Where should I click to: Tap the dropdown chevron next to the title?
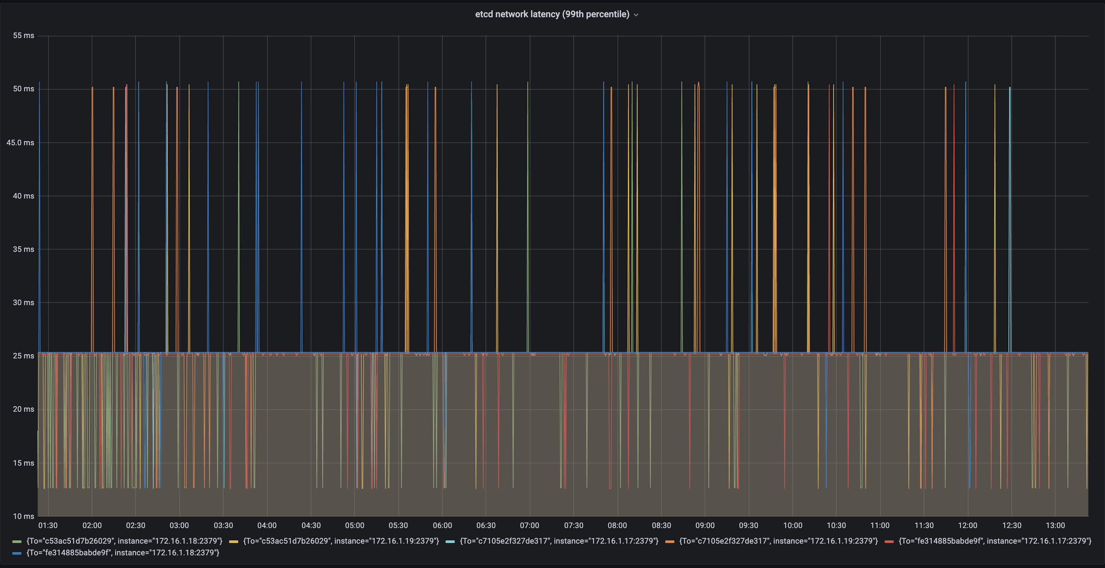pyautogui.click(x=636, y=15)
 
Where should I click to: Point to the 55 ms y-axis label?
pyautogui.click(x=24, y=36)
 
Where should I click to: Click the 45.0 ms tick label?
pyautogui.click(x=20, y=142)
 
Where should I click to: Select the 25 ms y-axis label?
pyautogui.click(x=24, y=355)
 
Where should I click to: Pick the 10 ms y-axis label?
pyautogui.click(x=24, y=516)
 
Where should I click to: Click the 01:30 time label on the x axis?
pyautogui.click(x=48, y=525)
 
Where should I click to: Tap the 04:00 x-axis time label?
pyautogui.click(x=267, y=525)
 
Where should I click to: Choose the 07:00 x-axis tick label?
pyautogui.click(x=529, y=525)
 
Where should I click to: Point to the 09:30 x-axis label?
pyautogui.click(x=748, y=525)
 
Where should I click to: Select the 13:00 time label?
pyautogui.click(x=1055, y=525)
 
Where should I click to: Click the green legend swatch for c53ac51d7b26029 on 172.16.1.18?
pyautogui.click(x=17, y=541)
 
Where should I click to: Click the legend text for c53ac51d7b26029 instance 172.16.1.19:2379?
pyautogui.click(x=341, y=541)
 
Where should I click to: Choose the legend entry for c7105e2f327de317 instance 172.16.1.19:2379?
pyautogui.click(x=778, y=541)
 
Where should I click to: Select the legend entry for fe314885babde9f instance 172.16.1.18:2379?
pyautogui.click(x=123, y=552)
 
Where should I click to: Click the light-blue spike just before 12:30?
pyautogui.click(x=1010, y=214)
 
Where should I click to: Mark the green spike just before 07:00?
pyautogui.click(x=527, y=214)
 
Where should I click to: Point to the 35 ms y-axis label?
pyautogui.click(x=24, y=249)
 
